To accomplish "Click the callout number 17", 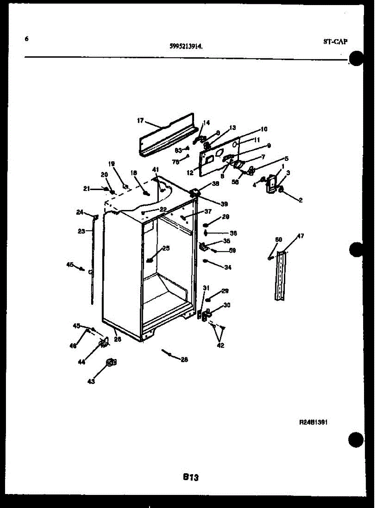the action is click(140, 121).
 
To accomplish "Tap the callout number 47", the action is click(300, 236).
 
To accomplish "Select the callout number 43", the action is click(91, 381).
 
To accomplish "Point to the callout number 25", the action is click(166, 248).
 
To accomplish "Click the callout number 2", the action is click(300, 200).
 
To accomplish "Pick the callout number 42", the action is click(220, 345).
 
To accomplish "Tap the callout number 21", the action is click(86, 189).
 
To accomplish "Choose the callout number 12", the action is click(189, 172).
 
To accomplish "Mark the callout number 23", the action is click(81, 231).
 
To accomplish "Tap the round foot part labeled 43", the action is click(111, 362).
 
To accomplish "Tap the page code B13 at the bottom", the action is click(191, 477).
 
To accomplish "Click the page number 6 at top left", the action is click(27, 39).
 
